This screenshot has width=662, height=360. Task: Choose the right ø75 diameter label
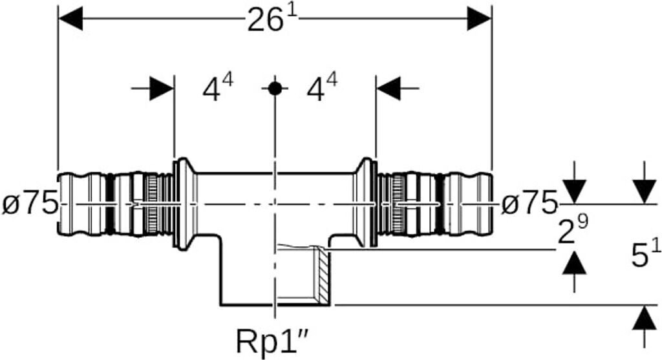point(529,204)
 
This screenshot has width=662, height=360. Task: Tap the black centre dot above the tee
point(275,89)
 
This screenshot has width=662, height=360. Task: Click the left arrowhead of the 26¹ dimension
point(70,19)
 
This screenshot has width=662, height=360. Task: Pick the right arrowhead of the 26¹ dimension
point(480,19)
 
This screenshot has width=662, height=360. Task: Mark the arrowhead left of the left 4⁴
point(162,89)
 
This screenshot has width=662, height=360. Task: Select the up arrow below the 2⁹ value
point(574,261)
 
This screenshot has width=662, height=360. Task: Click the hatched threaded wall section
point(322,275)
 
